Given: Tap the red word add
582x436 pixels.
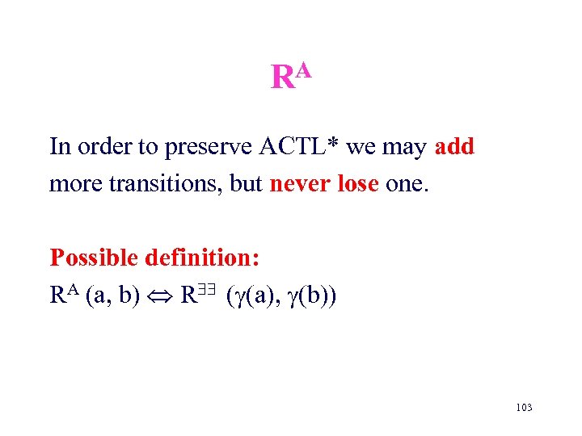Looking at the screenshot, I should (x=454, y=147).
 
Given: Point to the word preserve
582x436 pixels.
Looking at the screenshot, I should (x=210, y=149).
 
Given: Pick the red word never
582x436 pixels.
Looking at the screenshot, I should (x=301, y=184).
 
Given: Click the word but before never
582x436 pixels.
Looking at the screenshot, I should (x=247, y=183).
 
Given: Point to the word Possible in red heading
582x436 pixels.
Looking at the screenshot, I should (x=95, y=258).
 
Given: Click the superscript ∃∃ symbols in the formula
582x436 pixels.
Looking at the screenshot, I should (x=210, y=289).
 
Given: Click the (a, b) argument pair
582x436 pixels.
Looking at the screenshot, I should (x=113, y=296).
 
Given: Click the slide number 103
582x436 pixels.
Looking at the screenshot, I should (x=523, y=408).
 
